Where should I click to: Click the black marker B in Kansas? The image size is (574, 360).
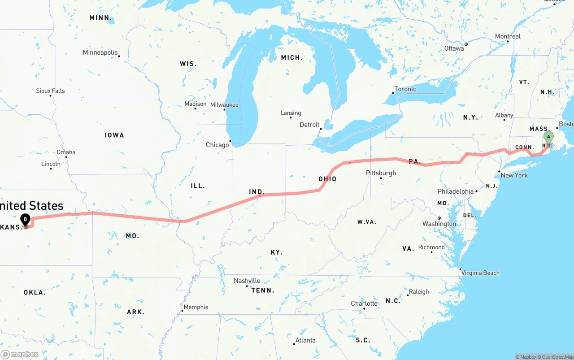coord(26,220)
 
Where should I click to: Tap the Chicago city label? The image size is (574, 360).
coord(217,145)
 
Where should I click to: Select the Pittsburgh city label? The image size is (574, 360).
coord(381,173)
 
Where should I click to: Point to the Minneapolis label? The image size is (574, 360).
coord(100,52)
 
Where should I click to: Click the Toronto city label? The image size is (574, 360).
coord(405,89)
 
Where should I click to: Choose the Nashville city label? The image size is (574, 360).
coord(247,281)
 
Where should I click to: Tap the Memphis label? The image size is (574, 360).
coord(196,307)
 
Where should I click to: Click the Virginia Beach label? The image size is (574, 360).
coord(480,273)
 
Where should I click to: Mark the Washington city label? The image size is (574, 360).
coord(439,224)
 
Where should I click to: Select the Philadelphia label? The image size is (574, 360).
coord(455,191)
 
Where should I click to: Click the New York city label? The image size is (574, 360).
coord(514,175)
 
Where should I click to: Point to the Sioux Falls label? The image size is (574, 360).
coord(50,91)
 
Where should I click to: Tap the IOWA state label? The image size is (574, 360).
coord(114,135)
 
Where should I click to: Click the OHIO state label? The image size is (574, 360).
coord(327,179)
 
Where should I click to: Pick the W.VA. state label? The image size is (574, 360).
coord(366,222)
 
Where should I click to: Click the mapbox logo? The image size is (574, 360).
coord(20,354)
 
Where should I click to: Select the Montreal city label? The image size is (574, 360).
coord(508,36)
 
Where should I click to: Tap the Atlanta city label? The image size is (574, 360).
coord(305,340)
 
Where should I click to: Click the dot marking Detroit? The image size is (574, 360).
coord(321,129)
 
